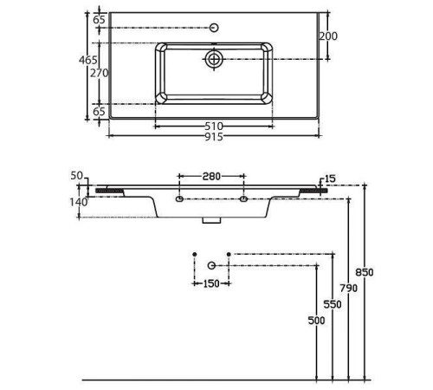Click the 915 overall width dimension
pyautogui.click(x=214, y=137)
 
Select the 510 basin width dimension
pyautogui.click(x=214, y=127)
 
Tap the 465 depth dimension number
pyautogui.click(x=88, y=60)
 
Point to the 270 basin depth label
pyautogui.click(x=100, y=73)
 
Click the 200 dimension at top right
pyautogui.click(x=328, y=36)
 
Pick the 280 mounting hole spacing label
pyautogui.click(x=211, y=176)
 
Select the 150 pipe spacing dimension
pyautogui.click(x=211, y=283)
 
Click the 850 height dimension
pyautogui.click(x=365, y=272)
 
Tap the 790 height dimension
pyautogui.click(x=348, y=288)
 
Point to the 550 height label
pyautogui.click(x=333, y=304)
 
